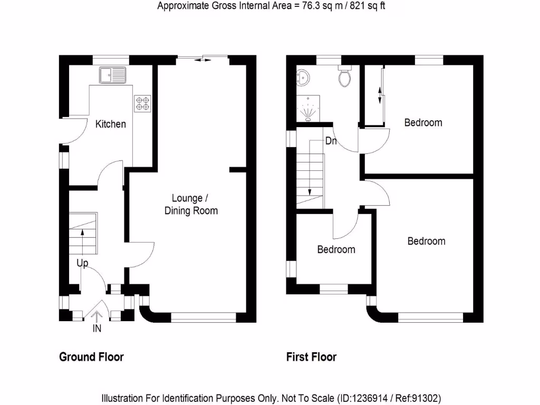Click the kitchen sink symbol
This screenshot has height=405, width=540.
(x=111, y=75)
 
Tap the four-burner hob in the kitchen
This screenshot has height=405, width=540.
(x=141, y=102)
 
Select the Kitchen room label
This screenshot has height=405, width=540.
(x=110, y=124)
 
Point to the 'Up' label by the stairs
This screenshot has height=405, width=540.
(x=82, y=263)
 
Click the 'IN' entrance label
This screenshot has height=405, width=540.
(x=97, y=329)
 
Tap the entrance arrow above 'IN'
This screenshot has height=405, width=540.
(x=97, y=316)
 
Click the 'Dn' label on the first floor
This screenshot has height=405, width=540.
(x=331, y=141)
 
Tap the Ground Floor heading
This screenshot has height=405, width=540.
(x=91, y=357)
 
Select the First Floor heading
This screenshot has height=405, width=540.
(x=311, y=357)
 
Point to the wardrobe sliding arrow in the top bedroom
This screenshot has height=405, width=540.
(x=379, y=95)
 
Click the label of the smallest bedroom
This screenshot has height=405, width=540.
(x=336, y=249)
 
